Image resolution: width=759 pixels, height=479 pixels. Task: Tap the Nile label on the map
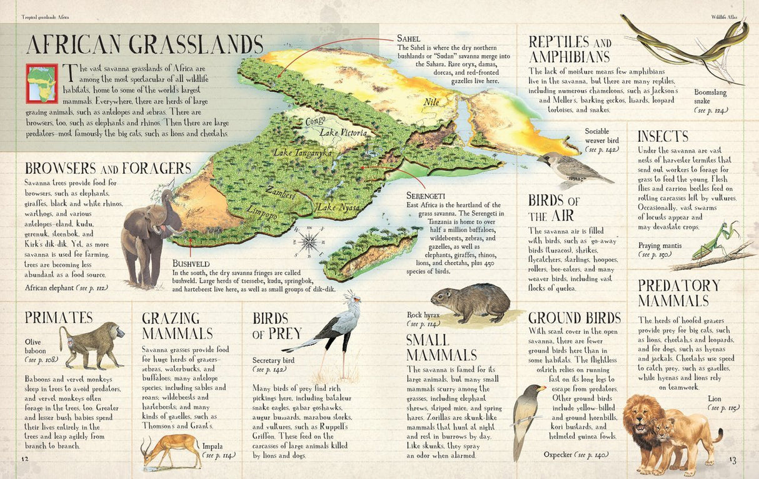431,102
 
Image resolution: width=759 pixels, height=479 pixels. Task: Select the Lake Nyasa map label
336,207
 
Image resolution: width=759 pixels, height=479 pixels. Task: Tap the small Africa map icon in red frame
41,83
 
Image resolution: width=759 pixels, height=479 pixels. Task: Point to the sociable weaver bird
570,169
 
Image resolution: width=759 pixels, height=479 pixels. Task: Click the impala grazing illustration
167,450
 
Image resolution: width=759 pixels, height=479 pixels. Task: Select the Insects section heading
663,136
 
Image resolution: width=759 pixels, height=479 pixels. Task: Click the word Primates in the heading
59,317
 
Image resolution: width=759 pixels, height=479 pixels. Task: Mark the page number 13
733,461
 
